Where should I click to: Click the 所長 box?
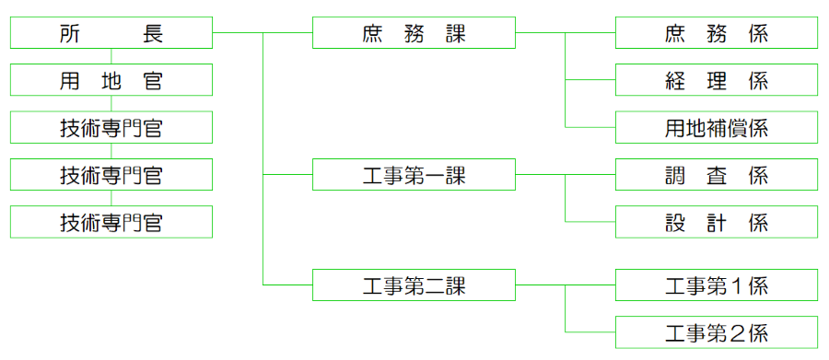(x=111, y=34)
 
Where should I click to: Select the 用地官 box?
(x=111, y=80)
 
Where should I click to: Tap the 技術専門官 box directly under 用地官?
(x=111, y=127)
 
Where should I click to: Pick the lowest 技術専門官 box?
(x=111, y=222)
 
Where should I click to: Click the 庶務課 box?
(x=414, y=34)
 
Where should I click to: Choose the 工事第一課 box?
(x=414, y=175)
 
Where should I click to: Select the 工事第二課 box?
(x=414, y=285)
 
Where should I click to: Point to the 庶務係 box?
(x=716, y=34)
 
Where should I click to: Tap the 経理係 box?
(x=716, y=80)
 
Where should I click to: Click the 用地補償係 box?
(x=716, y=127)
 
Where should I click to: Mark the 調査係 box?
(x=716, y=175)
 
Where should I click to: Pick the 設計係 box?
(x=716, y=222)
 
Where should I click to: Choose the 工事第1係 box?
(x=716, y=285)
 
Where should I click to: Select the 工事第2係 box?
(x=716, y=332)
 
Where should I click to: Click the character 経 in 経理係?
(x=674, y=80)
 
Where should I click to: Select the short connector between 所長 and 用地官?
(x=111, y=57)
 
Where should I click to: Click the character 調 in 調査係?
(x=674, y=175)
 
